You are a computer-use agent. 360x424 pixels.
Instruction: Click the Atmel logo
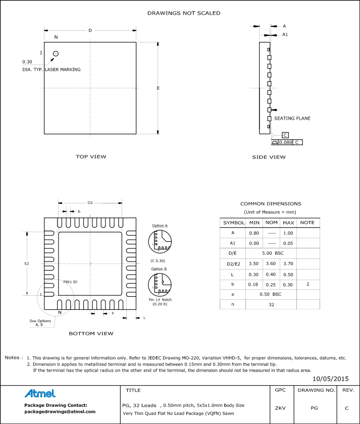[x=40, y=393]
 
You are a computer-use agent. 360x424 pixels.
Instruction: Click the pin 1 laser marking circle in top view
[x=56, y=54]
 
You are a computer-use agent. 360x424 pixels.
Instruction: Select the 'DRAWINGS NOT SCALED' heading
[x=184, y=13]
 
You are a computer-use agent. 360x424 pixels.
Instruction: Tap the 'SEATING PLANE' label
[x=292, y=118]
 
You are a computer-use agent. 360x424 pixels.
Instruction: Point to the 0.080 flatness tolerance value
[x=286, y=142]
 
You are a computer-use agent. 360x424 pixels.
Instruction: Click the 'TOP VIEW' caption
[x=91, y=156]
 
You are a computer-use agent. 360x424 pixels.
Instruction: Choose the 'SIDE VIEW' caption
[x=269, y=157]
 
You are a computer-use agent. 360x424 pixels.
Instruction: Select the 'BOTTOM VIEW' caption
[x=91, y=333]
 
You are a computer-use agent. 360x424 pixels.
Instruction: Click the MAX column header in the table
[x=288, y=223]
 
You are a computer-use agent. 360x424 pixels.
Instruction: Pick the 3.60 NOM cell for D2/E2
[x=272, y=263]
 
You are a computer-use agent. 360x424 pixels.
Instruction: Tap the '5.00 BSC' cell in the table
[x=272, y=253]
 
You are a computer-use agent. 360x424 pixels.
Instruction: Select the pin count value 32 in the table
[x=272, y=305]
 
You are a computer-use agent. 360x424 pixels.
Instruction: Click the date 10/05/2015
[x=331, y=378]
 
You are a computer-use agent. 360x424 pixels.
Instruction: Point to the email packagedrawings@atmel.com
[x=60, y=411]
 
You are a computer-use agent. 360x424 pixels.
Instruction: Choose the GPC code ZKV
[x=280, y=407]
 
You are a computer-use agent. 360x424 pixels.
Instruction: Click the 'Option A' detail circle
[x=160, y=241]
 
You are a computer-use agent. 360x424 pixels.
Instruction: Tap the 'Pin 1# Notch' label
[x=160, y=300]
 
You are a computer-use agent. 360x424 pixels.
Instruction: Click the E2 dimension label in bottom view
[x=27, y=263]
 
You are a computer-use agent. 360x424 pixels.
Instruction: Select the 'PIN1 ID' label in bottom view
[x=70, y=281]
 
